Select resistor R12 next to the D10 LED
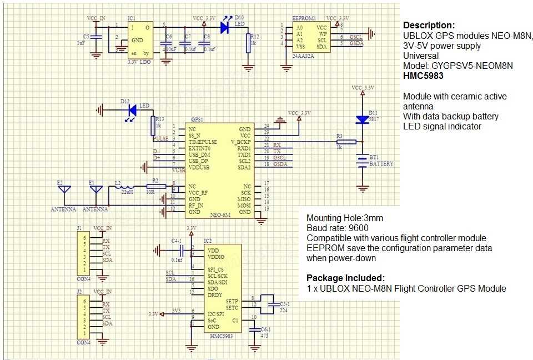pos(248,42)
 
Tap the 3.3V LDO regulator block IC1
pos(139,40)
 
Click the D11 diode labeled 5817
pos(363,119)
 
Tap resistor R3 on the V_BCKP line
pos(346,142)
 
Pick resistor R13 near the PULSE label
pos(153,125)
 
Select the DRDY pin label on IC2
pos(200,294)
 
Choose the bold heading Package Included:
pos(345,278)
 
